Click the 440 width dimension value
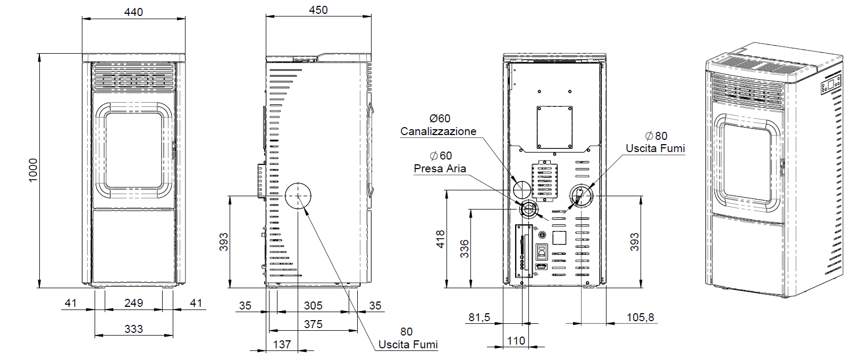[x=133, y=11]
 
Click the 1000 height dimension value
[x=32, y=170]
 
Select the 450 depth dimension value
[x=318, y=10]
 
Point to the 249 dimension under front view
[x=133, y=303]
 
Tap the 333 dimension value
[x=133, y=329]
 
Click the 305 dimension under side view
[x=313, y=305]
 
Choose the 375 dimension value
[x=313, y=324]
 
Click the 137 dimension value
[x=282, y=344]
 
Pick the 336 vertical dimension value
[x=465, y=249]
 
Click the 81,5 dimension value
[x=479, y=317]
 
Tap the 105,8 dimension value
[x=640, y=317]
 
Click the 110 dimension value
[x=516, y=340]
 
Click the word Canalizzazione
[x=438, y=131]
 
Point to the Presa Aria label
[x=440, y=169]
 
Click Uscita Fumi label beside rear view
[x=655, y=148]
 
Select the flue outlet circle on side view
[x=299, y=196]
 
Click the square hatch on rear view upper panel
[x=554, y=128]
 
